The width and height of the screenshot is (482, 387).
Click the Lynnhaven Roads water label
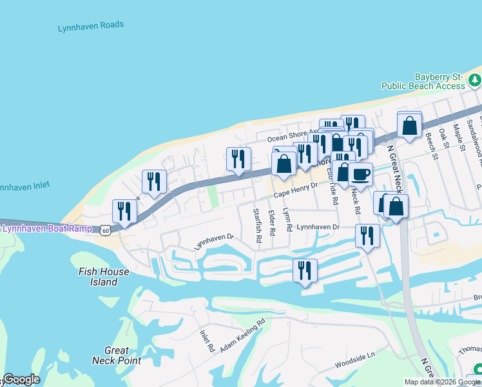pos(90,26)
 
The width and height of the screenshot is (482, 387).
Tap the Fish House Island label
pos(103,277)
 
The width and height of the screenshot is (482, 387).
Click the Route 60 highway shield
pos(105,229)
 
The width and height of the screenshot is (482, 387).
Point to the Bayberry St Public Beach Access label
pos(423,81)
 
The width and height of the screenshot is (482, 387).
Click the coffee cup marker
pos(361,174)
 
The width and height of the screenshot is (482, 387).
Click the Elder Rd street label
pos(272,223)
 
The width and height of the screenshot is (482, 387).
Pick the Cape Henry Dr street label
pos(296,190)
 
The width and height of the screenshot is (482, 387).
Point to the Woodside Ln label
pos(354,361)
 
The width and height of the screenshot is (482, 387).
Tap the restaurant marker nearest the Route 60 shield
pos(124,212)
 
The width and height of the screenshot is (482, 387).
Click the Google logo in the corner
pos(21,379)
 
